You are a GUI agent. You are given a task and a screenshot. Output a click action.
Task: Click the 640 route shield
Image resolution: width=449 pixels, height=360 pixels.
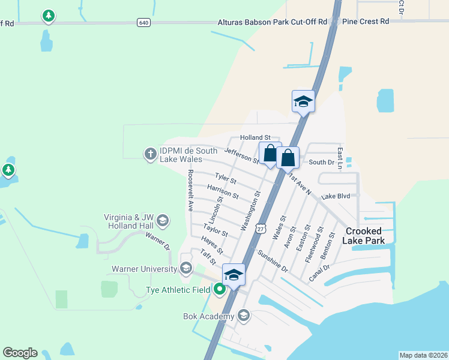click(143, 22)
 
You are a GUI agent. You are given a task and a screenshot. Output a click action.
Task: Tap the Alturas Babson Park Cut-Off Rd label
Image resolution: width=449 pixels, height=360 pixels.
click(272, 22)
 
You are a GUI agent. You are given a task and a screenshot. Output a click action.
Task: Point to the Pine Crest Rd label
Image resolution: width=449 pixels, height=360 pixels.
click(366, 21)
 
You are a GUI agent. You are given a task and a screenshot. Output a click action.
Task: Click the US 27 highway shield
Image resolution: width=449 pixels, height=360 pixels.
click(260, 229)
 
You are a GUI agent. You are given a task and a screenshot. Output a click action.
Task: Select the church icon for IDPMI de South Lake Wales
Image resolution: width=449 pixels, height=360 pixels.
click(150, 154)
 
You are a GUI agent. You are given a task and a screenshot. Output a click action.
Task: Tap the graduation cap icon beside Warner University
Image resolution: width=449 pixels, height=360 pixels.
click(186, 268)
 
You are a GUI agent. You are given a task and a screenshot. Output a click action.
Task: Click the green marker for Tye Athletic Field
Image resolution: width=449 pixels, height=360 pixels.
click(220, 290)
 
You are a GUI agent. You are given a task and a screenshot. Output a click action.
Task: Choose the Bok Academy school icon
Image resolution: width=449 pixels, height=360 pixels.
click(243, 316)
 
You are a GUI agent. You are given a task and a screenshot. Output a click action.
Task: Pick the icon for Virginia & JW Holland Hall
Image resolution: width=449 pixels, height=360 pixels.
click(161, 222)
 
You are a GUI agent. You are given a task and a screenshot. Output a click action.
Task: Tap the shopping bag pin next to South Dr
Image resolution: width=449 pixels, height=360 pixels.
click(288, 158)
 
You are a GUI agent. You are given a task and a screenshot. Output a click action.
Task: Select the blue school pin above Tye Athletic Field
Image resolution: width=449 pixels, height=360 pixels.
click(234, 275)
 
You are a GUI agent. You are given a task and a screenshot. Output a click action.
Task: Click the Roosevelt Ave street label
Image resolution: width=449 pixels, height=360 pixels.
click(190, 190)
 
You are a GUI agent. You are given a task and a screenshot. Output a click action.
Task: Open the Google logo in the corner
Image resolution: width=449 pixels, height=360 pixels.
click(20, 353)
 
